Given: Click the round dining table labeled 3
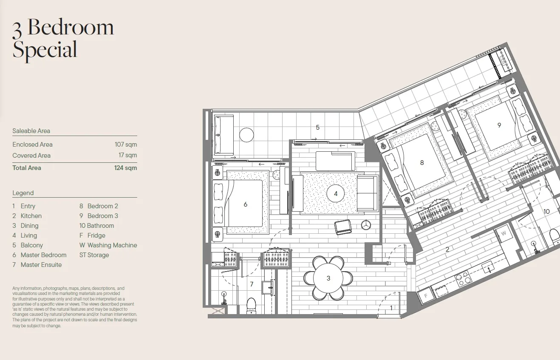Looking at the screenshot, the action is [328, 278].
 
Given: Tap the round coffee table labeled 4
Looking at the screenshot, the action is [336, 193].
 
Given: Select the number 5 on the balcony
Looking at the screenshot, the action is [317, 127].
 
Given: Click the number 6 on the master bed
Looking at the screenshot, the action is [245, 204].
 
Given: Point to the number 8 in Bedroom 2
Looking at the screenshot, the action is [422, 163].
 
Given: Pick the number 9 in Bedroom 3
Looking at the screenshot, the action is [499, 125].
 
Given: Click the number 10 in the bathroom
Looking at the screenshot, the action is [546, 212].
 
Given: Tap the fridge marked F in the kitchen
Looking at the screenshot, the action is [426, 296].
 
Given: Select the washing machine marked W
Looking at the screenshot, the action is [503, 233].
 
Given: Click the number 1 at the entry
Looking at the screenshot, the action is [391, 308].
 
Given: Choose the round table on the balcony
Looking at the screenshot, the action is [246, 135].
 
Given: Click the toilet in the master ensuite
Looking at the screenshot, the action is [251, 306].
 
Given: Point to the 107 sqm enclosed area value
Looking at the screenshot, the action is [126, 145].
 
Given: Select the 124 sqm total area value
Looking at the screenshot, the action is [125, 168].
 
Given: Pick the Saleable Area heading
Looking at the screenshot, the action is [31, 131].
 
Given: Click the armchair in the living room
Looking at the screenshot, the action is [343, 227].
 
